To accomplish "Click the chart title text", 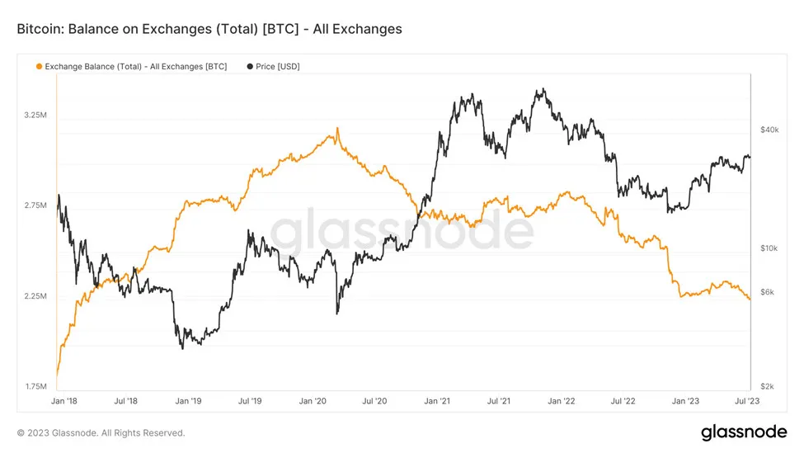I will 209,29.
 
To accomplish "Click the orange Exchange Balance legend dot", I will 38,66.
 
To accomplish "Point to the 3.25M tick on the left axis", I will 36,115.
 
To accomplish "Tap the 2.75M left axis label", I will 36,205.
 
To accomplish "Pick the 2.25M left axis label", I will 36,296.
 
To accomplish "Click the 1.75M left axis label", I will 36,387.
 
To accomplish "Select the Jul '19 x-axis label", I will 250,401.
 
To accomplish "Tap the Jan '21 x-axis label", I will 437,401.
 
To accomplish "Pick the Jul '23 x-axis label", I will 747,401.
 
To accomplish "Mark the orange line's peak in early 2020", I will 337,130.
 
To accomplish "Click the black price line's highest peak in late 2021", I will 541,90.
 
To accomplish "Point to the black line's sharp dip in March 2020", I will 337,313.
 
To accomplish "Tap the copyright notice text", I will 101,433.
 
